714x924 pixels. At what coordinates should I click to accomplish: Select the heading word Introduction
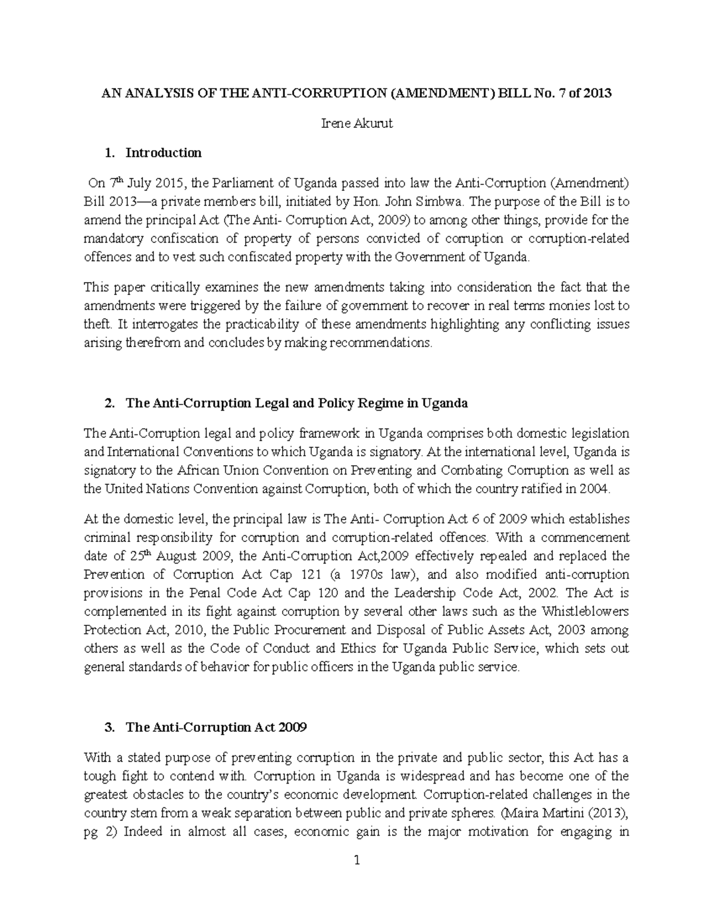[164, 153]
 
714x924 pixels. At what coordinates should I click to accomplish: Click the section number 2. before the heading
[109, 403]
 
